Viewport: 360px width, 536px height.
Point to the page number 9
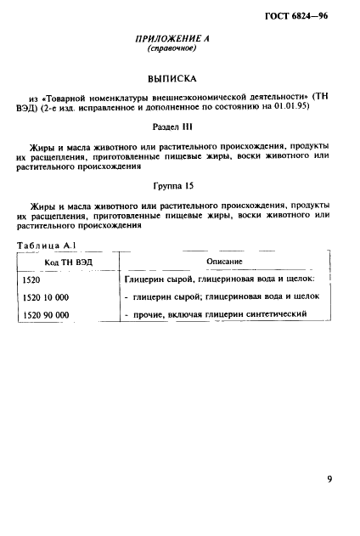[329, 480]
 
